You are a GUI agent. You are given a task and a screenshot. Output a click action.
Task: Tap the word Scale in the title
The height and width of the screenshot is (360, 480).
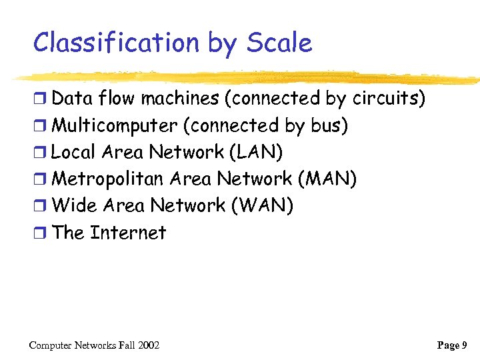click(x=279, y=43)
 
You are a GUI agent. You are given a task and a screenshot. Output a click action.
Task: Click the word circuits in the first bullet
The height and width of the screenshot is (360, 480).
click(x=385, y=99)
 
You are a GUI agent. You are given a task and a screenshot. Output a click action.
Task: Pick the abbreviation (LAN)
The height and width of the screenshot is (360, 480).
click(x=256, y=152)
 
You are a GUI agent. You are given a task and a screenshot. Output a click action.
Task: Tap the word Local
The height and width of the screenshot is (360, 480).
click(x=73, y=152)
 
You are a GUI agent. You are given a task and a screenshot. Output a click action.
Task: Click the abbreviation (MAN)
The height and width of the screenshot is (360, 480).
click(x=327, y=179)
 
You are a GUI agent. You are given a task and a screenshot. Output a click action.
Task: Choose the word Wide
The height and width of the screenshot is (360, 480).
click(x=74, y=205)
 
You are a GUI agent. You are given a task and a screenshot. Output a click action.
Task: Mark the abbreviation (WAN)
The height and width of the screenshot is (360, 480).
click(x=262, y=205)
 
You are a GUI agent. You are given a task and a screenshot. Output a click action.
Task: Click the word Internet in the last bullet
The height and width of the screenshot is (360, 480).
click(x=128, y=233)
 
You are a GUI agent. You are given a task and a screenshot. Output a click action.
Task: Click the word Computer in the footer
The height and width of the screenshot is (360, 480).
click(x=51, y=345)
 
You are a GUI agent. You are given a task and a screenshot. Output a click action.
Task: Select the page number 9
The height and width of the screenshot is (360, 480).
click(x=464, y=345)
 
